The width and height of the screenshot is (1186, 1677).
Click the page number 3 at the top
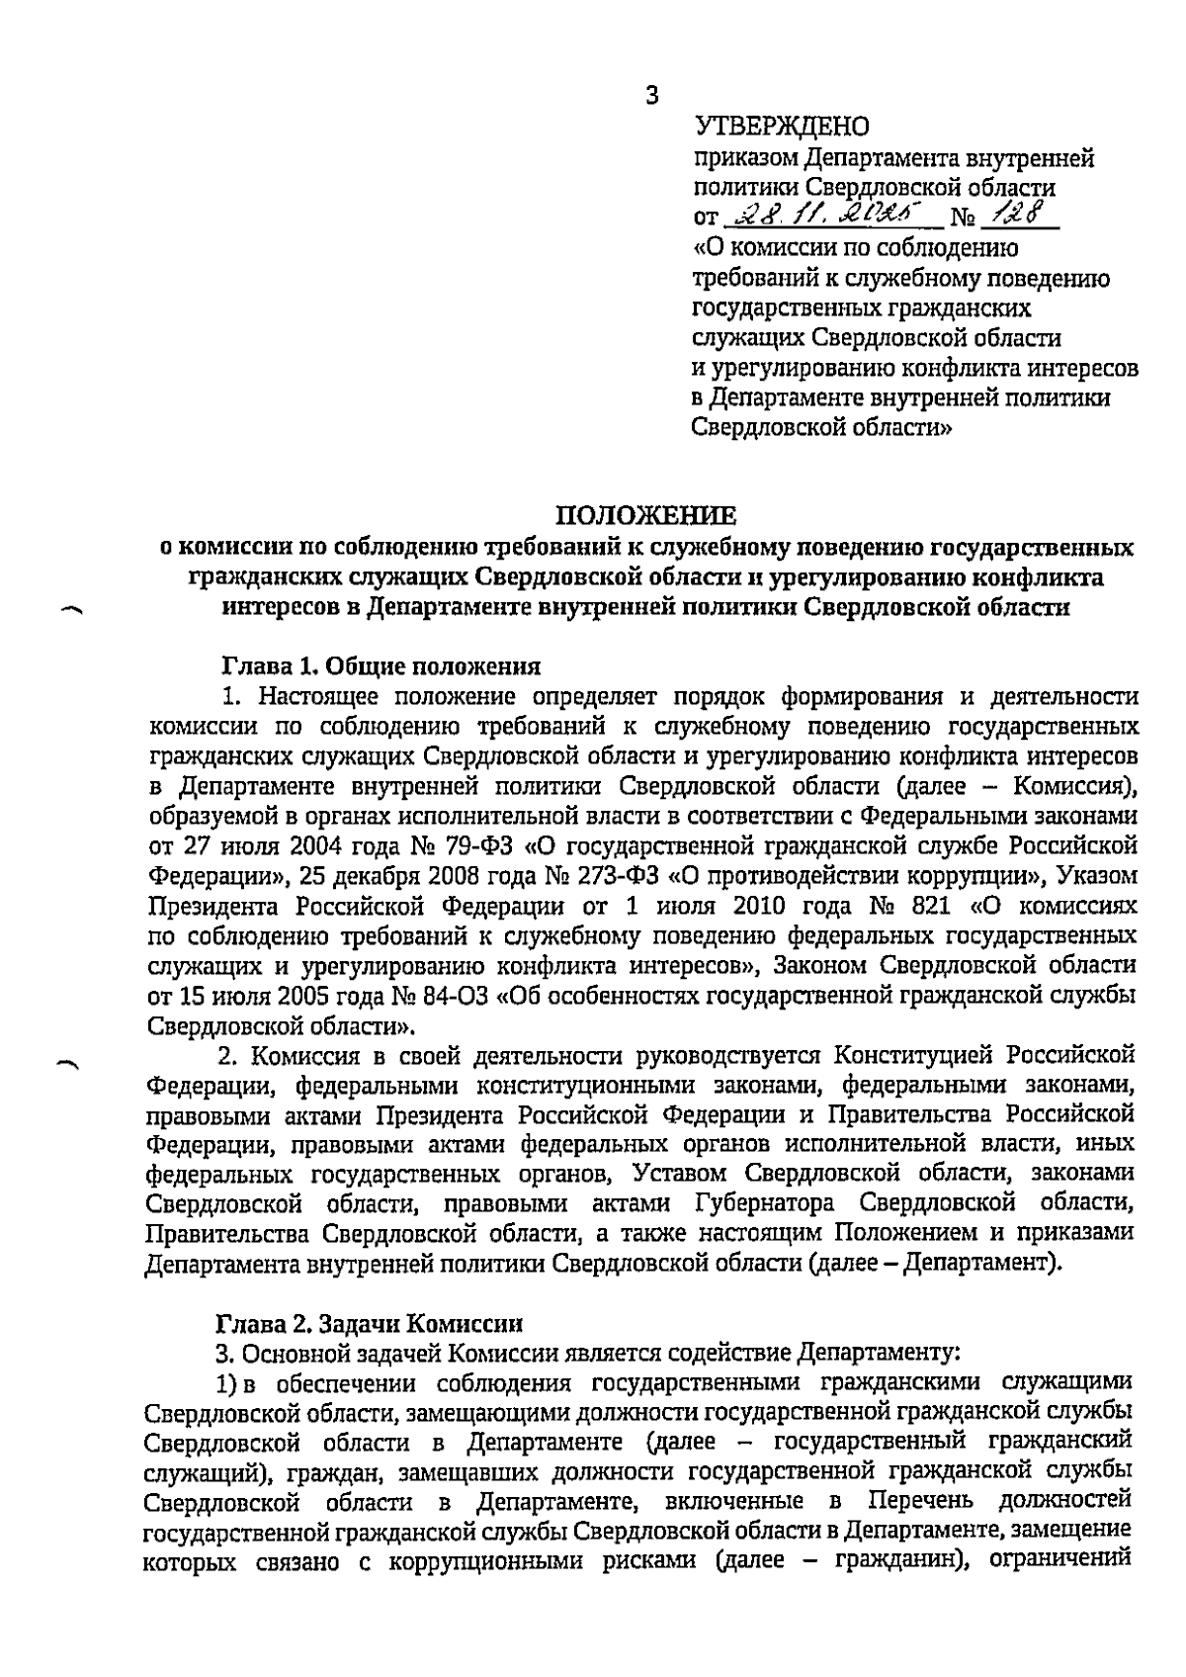click(x=650, y=96)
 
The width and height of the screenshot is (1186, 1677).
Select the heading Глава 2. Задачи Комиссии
click(x=369, y=1323)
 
